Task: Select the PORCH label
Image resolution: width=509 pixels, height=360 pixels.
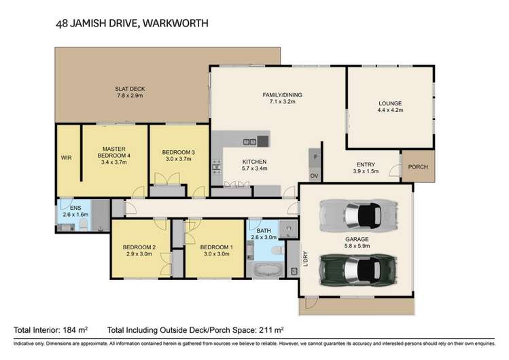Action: click(418, 167)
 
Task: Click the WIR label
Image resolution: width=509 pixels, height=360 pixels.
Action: click(67, 158)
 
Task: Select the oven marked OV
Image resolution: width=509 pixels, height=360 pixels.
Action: click(315, 175)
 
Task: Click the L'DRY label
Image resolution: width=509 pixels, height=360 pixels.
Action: click(305, 258)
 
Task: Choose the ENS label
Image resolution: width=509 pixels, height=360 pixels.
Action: click(66, 207)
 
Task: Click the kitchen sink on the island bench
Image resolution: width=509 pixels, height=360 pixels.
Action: click(249, 142)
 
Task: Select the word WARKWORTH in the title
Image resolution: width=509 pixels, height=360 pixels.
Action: click(175, 23)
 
